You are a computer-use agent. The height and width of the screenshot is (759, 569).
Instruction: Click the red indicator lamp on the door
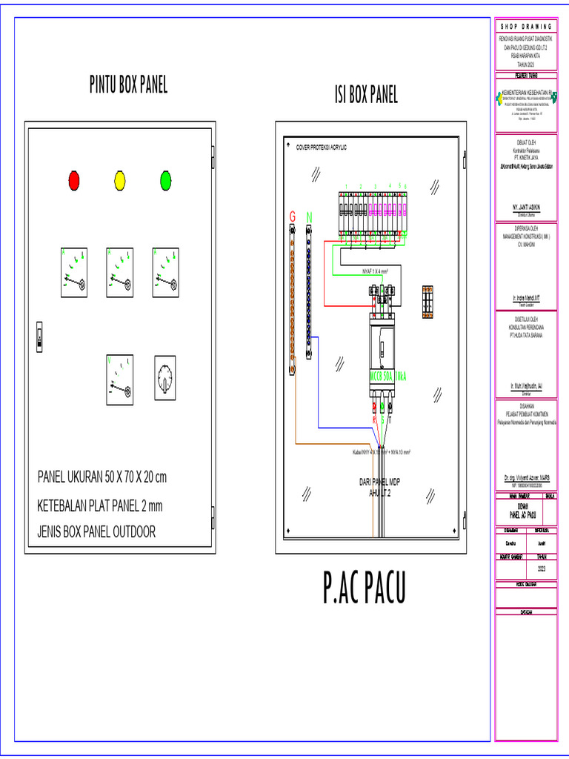pyautogui.click(x=74, y=179)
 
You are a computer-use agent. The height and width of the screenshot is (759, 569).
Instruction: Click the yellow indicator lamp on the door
pyautogui.click(x=120, y=179)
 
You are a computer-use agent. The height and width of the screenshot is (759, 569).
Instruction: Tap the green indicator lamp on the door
pyautogui.click(x=166, y=179)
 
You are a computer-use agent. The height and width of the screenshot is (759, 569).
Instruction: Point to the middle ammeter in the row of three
pyautogui.click(x=120, y=272)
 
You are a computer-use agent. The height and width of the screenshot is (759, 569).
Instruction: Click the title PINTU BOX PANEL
pyautogui.click(x=129, y=85)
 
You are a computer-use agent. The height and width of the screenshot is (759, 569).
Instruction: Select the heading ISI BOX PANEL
pyautogui.click(x=366, y=95)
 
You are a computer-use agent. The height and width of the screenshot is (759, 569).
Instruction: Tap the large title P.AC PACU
pyautogui.click(x=365, y=589)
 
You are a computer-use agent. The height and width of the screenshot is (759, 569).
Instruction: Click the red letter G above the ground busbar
pyautogui.click(x=293, y=216)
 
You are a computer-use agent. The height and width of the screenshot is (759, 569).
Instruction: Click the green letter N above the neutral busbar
pyautogui.click(x=310, y=216)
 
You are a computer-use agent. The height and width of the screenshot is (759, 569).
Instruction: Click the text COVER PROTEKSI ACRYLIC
pyautogui.click(x=322, y=148)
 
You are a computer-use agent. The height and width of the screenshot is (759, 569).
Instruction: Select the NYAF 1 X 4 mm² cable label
pyautogui.click(x=376, y=271)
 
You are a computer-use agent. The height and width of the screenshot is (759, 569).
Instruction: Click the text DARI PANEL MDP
pyautogui.click(x=379, y=482)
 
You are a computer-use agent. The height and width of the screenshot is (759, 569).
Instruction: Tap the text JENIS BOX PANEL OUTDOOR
pyautogui.click(x=96, y=531)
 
